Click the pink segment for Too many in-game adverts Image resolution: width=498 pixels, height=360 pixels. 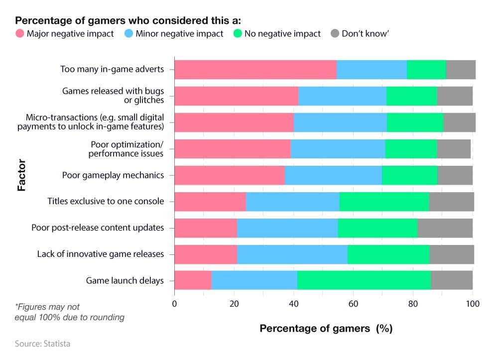pos(255,69)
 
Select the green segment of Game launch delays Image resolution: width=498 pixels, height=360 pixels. pos(364,280)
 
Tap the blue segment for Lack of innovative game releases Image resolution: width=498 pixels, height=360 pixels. pos(292,254)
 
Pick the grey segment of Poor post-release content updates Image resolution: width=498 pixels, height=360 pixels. pos(445,228)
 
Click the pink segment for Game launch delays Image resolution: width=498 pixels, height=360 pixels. pos(193,280)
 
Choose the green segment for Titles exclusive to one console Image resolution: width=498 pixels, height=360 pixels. pos(384,201)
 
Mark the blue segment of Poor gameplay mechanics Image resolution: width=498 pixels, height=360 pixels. pos(333,175)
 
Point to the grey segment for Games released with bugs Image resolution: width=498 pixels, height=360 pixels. pos(455,96)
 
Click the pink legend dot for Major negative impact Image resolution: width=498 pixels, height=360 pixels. pos(20,34)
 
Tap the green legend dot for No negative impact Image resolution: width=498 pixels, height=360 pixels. pos(238,34)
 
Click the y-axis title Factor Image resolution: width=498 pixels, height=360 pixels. pos(21,175)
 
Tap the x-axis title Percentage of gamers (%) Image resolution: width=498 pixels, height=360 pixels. pos(326,329)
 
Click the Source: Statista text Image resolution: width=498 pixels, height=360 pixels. pos(42,344)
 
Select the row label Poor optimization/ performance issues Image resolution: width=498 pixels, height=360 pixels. pos(126,149)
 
